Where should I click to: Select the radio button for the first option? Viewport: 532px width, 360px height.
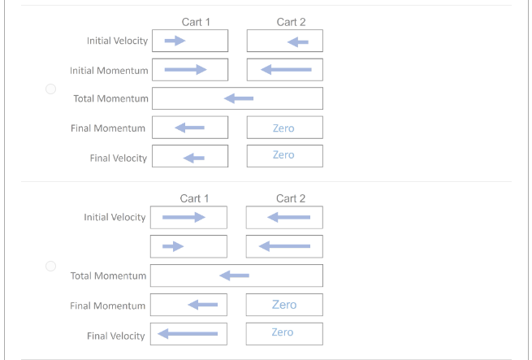pyautogui.click(x=50, y=89)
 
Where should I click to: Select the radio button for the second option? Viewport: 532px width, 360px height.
pyautogui.click(x=50, y=266)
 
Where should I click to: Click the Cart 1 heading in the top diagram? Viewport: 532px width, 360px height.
pyautogui.click(x=197, y=22)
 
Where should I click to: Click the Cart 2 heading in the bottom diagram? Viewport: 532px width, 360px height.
pyautogui.click(x=291, y=198)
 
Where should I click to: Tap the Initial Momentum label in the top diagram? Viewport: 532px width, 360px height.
pyautogui.click(x=115, y=71)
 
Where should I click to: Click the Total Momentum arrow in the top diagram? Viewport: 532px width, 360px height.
pyautogui.click(x=239, y=98)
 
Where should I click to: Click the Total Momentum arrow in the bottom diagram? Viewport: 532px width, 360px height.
pyautogui.click(x=235, y=275)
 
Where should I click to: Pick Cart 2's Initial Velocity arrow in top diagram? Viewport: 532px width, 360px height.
pyautogui.click(x=298, y=42)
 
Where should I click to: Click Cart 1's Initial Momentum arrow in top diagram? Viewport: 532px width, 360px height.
pyautogui.click(x=184, y=70)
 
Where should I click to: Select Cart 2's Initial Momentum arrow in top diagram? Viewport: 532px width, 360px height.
pyautogui.click(x=286, y=70)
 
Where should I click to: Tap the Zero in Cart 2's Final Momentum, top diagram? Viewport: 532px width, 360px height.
pyautogui.click(x=283, y=128)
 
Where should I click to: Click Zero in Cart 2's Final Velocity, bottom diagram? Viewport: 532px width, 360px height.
pyautogui.click(x=283, y=332)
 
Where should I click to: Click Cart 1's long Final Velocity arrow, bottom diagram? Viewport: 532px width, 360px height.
pyautogui.click(x=188, y=333)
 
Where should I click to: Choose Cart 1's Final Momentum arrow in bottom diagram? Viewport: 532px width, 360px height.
pyautogui.click(x=202, y=305)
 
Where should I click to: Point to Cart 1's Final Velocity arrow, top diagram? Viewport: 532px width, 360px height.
pyautogui.click(x=193, y=157)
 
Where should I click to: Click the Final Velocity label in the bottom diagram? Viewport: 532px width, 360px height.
pyautogui.click(x=116, y=336)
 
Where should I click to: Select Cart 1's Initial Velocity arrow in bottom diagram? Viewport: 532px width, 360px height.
pyautogui.click(x=184, y=217)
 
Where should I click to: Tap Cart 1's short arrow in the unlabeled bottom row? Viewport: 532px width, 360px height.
pyautogui.click(x=173, y=245)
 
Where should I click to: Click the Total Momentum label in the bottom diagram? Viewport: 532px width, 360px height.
pyautogui.click(x=109, y=276)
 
